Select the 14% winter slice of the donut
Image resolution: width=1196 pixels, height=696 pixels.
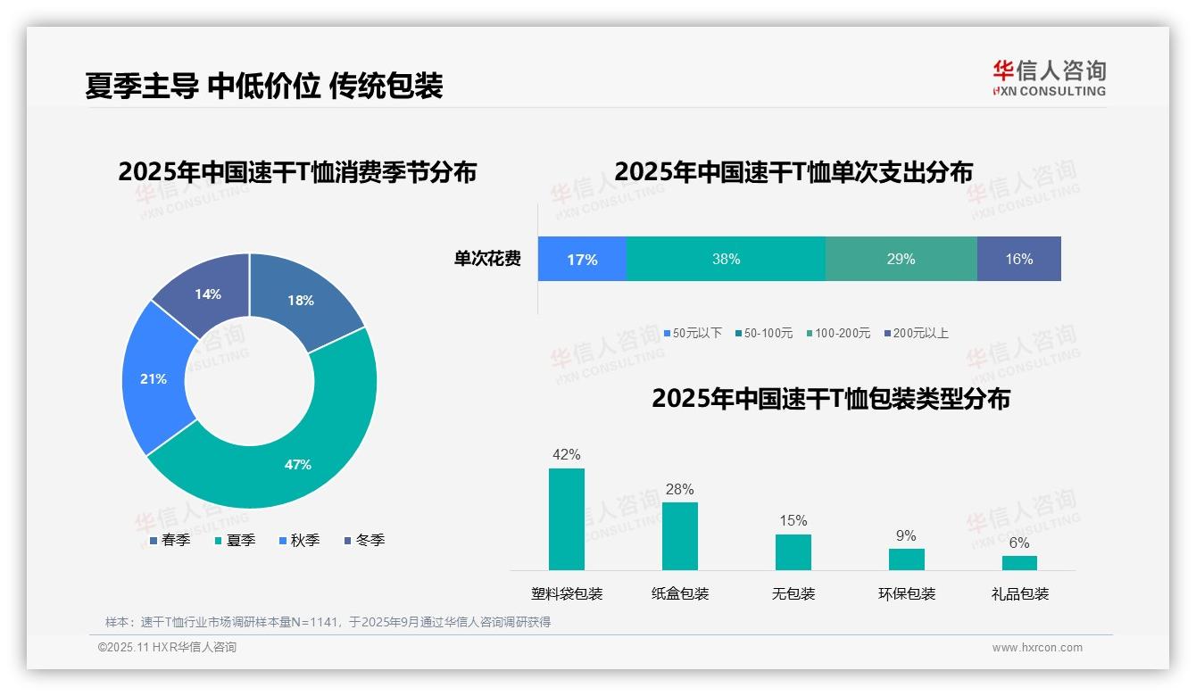point(208,294)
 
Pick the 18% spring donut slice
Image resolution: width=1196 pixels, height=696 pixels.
point(302,300)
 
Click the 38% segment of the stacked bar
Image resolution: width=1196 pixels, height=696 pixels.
point(726,259)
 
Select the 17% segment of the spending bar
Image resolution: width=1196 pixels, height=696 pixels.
point(582,259)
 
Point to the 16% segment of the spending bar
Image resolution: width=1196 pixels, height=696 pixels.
point(1018,259)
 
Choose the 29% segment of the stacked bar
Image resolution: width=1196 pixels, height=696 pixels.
point(901,259)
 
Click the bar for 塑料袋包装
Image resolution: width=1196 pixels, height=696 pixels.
point(566,519)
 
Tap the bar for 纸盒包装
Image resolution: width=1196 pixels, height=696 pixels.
point(679,536)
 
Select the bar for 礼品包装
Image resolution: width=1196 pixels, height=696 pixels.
point(1019,563)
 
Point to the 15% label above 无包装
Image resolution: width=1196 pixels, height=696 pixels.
point(793,520)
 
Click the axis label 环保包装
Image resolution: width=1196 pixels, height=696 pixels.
point(906,593)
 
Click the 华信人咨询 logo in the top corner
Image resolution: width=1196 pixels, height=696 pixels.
point(1049,78)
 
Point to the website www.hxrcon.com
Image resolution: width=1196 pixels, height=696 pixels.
point(1037,648)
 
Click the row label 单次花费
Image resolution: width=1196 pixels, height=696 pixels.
point(487,259)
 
